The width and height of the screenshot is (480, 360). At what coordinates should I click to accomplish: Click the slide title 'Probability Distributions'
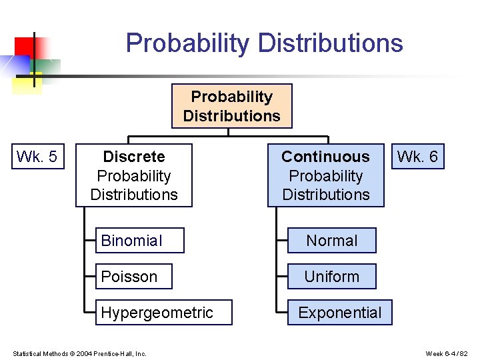click(264, 43)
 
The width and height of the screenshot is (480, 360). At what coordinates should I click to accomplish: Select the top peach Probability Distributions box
click(231, 106)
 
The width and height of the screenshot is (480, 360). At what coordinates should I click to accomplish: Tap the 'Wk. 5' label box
click(37, 157)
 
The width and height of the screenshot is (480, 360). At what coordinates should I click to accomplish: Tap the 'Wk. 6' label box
click(417, 157)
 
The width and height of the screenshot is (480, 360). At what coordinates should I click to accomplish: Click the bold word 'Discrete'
click(134, 157)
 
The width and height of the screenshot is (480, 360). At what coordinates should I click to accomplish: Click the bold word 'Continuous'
click(325, 157)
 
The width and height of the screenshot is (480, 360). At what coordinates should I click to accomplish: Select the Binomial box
click(139, 241)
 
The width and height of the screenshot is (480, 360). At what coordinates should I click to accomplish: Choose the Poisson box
click(133, 277)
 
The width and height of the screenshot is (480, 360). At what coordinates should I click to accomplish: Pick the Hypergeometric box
click(163, 313)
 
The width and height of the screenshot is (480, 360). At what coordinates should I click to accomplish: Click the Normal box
click(331, 241)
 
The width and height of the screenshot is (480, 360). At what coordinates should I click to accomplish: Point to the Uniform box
click(331, 277)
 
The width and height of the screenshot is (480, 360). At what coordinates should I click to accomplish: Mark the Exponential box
click(339, 313)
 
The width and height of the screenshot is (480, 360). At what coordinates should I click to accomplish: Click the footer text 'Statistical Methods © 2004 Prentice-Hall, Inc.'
click(79, 353)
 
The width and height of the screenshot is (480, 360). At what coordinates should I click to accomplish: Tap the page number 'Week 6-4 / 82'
click(447, 353)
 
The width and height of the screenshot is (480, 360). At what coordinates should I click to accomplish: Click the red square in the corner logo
click(23, 46)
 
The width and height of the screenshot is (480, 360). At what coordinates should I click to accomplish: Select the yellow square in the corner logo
click(27, 84)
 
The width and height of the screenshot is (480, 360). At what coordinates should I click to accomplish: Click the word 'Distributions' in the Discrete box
click(134, 195)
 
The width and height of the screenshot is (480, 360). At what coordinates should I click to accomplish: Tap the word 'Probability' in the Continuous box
click(325, 176)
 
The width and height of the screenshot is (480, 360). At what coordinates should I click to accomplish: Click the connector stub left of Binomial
click(91, 241)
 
